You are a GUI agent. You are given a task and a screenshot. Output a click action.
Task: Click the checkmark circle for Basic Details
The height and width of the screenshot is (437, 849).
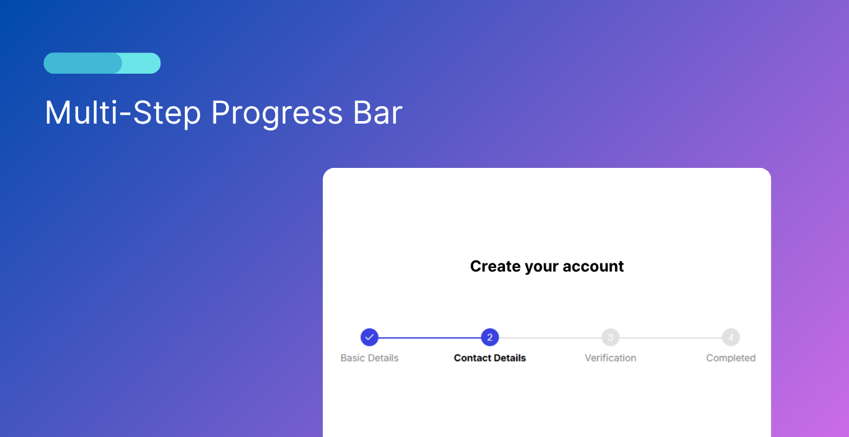point(370,338)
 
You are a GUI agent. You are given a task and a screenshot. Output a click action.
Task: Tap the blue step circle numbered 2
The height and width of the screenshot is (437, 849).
point(490,338)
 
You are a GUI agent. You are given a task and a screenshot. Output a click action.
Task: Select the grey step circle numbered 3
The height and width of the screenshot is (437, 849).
point(611,338)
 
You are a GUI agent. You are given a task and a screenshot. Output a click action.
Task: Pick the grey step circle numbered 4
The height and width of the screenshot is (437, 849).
point(731,338)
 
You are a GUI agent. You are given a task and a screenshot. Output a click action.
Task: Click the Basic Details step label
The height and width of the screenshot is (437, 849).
point(370,358)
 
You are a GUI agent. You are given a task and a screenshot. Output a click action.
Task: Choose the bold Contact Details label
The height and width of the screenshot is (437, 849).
point(490,358)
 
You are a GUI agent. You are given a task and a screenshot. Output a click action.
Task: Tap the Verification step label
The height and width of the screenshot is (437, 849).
point(611,358)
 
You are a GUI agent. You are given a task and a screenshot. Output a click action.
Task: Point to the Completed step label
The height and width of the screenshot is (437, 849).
point(731,358)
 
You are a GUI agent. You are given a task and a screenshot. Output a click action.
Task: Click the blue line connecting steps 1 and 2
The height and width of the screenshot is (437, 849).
point(429,338)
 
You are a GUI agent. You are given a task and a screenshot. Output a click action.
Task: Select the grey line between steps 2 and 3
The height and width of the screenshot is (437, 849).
point(550,338)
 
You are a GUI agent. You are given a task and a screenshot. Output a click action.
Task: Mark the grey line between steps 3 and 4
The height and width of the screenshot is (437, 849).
point(670,338)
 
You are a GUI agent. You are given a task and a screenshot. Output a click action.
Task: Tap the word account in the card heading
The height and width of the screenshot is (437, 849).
point(593,267)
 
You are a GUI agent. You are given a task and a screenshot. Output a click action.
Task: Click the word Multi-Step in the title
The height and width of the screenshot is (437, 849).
point(123,114)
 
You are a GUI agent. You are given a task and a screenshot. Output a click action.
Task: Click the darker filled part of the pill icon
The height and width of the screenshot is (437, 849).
point(82,63)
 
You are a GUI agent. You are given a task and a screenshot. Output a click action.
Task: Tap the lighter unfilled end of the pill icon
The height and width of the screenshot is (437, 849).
point(142,63)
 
